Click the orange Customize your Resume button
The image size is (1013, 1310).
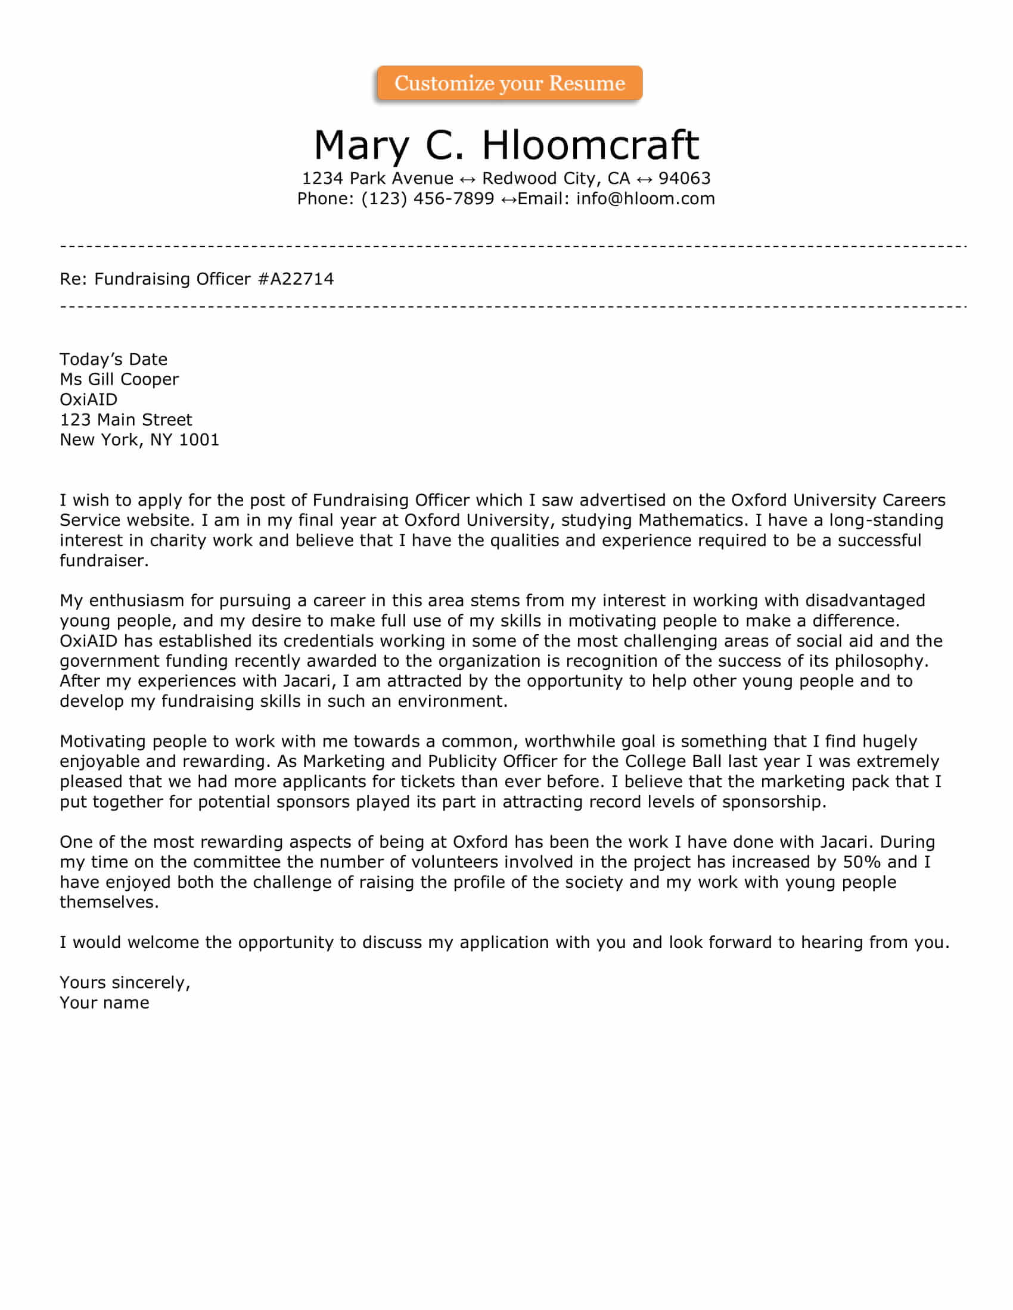(509, 83)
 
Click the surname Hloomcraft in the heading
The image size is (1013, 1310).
(590, 145)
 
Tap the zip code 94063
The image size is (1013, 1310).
(684, 178)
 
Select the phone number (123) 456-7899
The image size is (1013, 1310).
(427, 198)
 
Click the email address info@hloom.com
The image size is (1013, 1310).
(645, 198)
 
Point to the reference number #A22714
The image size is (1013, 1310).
(296, 279)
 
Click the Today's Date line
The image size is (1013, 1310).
(113, 359)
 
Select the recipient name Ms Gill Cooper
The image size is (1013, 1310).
(119, 379)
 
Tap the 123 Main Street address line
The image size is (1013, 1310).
(126, 419)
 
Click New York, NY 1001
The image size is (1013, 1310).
(139, 439)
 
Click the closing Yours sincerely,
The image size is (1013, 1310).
(125, 982)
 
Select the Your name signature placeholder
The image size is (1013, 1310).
(104, 1003)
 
